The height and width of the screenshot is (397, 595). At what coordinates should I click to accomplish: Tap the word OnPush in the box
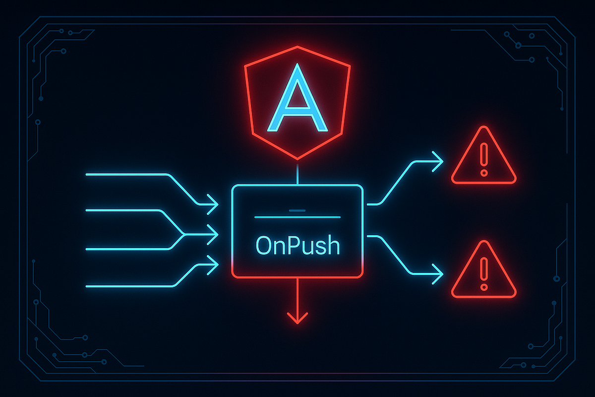[x=297, y=245]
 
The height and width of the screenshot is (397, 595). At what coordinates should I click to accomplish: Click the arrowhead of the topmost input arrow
[x=213, y=203]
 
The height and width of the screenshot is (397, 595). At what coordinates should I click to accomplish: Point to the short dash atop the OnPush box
[x=297, y=210]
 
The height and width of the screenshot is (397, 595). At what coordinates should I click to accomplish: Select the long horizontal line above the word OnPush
[x=297, y=217]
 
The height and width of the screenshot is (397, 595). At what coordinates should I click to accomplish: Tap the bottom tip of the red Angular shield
[x=297, y=159]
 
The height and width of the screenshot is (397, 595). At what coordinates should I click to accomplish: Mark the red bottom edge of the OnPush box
[x=297, y=276]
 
